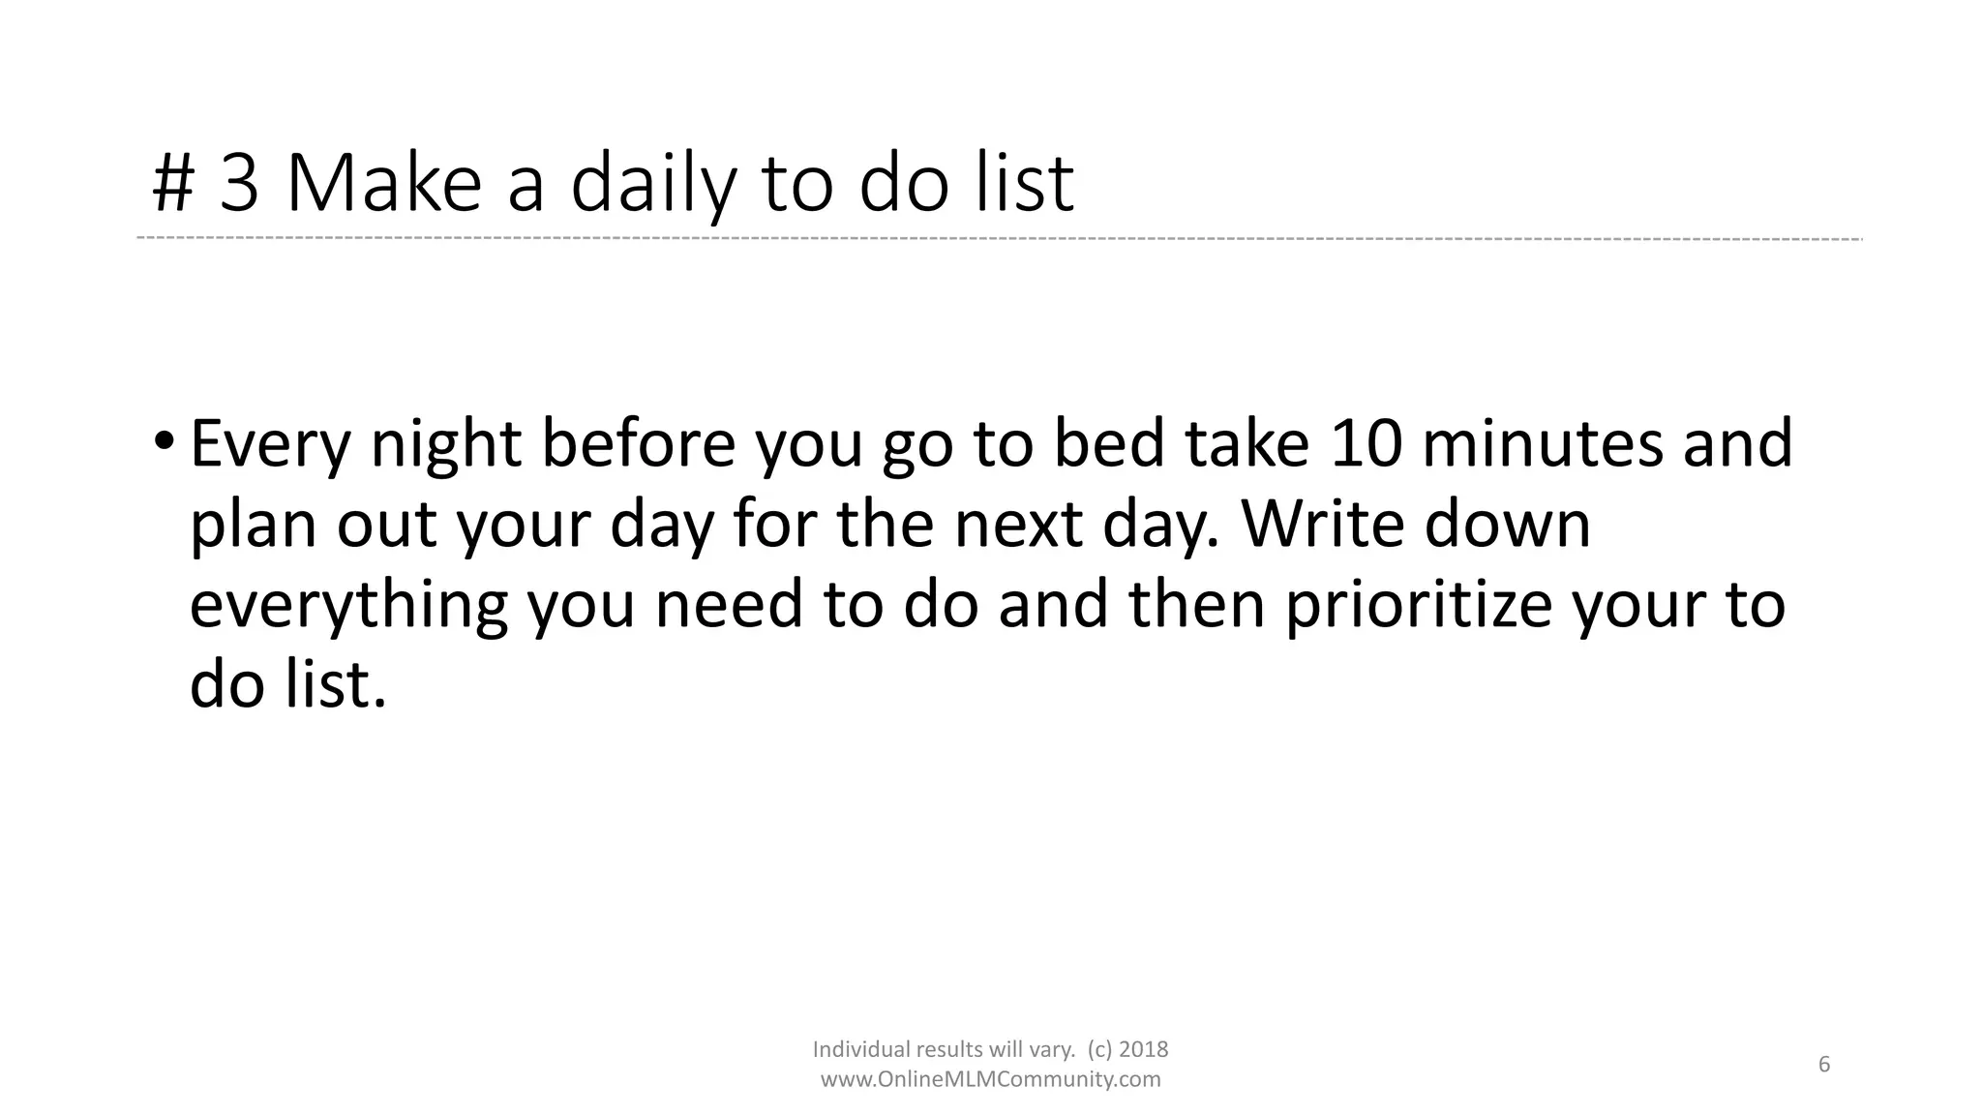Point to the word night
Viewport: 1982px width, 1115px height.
pyautogui.click(x=446, y=445)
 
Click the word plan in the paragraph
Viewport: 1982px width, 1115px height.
pyautogui.click(x=253, y=527)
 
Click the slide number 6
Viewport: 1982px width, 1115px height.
pyautogui.click(x=1824, y=1065)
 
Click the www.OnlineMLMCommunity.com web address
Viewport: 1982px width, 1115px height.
pyautogui.click(x=990, y=1079)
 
